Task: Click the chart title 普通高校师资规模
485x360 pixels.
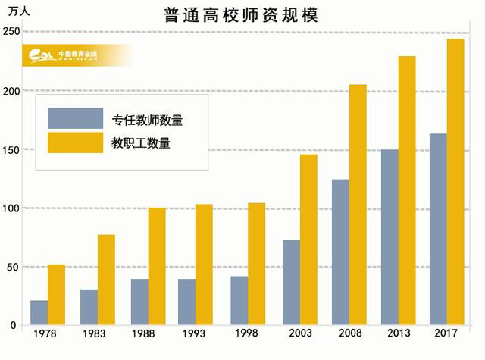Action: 240,14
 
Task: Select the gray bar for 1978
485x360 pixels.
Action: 39,312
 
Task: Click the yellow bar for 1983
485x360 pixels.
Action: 106,280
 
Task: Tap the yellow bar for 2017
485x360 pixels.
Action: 455,182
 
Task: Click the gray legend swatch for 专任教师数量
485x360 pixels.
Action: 75,118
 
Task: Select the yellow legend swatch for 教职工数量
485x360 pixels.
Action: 75,142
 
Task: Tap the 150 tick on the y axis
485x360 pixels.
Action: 11,149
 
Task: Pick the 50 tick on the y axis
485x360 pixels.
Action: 13,267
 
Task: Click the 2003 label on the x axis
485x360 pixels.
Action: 299,334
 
